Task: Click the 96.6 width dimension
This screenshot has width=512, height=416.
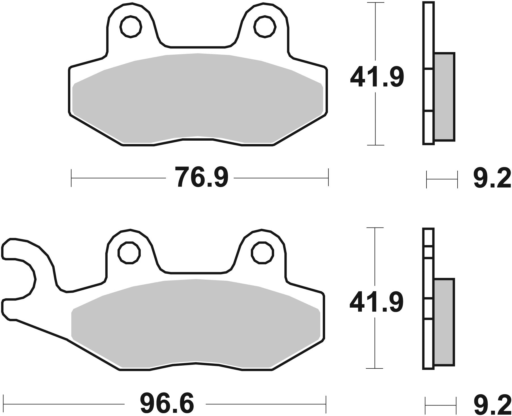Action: click(x=167, y=404)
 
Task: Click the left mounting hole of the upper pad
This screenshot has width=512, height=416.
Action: click(x=131, y=27)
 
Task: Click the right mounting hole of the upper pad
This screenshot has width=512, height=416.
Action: click(x=265, y=27)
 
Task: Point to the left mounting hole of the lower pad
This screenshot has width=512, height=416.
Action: click(x=129, y=252)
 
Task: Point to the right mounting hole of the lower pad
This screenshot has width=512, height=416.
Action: click(x=263, y=252)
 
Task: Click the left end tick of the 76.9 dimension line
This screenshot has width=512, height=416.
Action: click(x=71, y=178)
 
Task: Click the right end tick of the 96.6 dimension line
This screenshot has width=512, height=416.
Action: click(x=326, y=404)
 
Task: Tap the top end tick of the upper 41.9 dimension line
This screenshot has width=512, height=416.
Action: click(x=376, y=3)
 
